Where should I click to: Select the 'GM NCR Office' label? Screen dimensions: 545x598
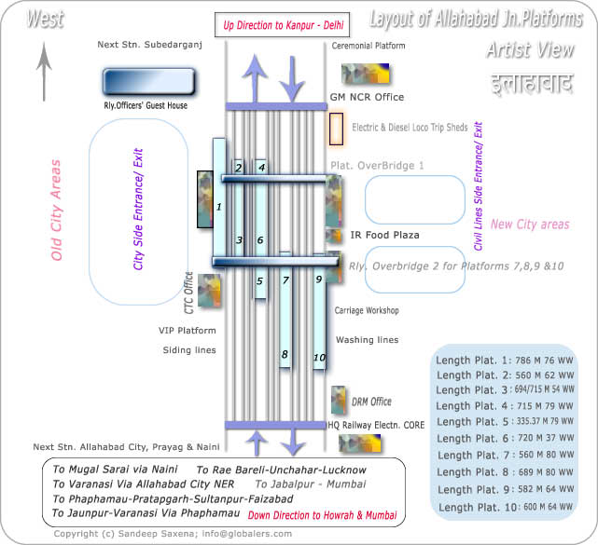(x=367, y=97)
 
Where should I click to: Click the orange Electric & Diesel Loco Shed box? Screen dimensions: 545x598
(x=336, y=129)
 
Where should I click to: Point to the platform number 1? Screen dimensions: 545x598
(x=218, y=206)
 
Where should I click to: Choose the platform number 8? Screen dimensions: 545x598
(x=285, y=354)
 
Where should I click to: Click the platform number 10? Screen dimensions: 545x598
(x=319, y=358)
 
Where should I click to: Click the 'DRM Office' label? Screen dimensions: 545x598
(x=371, y=402)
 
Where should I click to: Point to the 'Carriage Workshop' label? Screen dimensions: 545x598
(x=367, y=310)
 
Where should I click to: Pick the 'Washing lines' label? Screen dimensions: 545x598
(x=367, y=340)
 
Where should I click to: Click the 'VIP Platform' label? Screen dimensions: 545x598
(x=187, y=331)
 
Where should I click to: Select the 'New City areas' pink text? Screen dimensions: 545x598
(x=530, y=225)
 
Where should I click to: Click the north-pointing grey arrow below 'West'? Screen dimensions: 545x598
(x=43, y=73)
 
